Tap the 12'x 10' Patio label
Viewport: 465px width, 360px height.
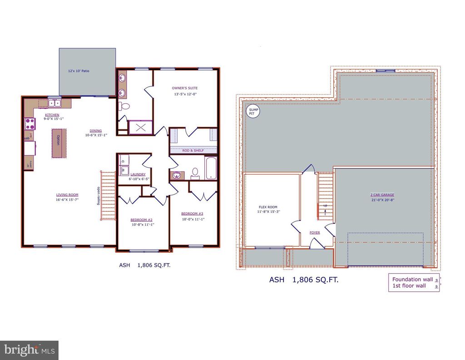click(76, 71)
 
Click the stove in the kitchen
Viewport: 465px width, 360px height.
click(30, 124)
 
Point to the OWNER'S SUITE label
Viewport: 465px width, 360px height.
click(184, 88)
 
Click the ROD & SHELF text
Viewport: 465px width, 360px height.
click(193, 150)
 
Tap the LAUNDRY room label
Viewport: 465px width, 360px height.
click(138, 174)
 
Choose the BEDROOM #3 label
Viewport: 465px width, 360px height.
click(192, 214)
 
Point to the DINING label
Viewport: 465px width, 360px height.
click(95, 130)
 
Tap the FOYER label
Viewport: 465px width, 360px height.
click(315, 232)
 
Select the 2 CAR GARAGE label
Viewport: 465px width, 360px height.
click(382, 195)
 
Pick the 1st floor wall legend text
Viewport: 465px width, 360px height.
click(409, 286)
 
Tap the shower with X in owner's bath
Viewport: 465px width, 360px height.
click(140, 127)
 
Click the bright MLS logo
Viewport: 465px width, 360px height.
click(29, 350)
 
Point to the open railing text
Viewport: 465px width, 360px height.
click(98, 196)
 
